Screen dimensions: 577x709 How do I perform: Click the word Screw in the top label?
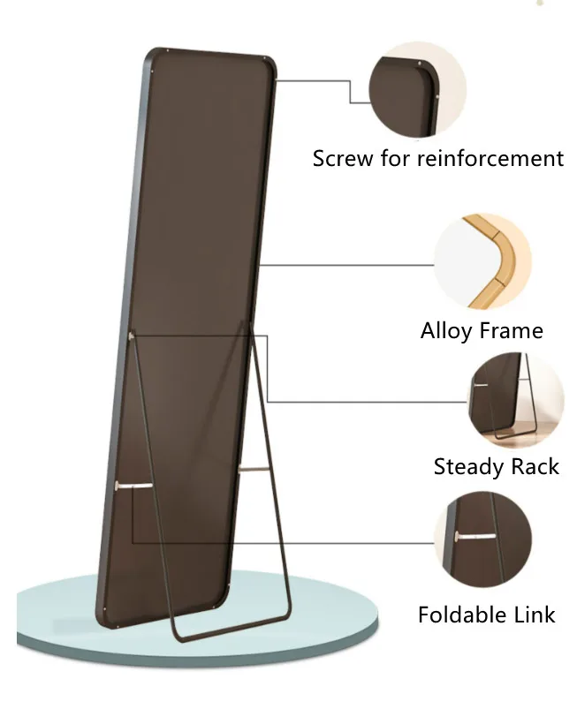tap(339, 159)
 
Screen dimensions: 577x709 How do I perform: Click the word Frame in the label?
tap(512, 331)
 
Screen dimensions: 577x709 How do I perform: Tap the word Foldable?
tap(460, 615)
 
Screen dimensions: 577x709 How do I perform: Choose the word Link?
tap(534, 615)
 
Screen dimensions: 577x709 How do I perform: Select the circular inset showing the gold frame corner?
tap(482, 261)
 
